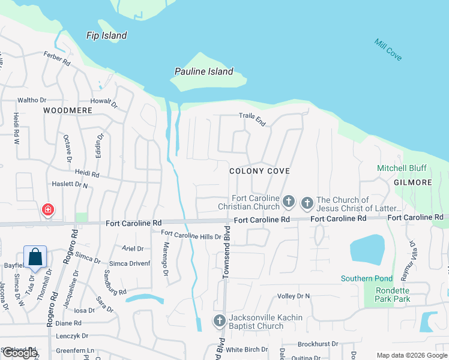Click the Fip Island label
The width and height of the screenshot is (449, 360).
[107, 35]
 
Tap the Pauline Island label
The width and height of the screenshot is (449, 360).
[203, 71]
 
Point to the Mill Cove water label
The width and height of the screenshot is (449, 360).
[388, 50]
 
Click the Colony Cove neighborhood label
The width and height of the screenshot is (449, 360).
[260, 171]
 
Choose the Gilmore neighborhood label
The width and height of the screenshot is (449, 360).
[413, 182]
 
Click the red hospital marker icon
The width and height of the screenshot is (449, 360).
[47, 210]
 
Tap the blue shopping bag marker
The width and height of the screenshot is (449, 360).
[35, 257]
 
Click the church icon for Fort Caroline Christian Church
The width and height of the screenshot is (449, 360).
[289, 202]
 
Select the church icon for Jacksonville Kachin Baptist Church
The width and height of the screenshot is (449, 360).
[219, 322]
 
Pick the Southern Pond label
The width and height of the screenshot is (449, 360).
[367, 278]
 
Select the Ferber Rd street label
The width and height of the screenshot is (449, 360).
[57, 58]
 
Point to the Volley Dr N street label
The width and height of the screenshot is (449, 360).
[294, 296]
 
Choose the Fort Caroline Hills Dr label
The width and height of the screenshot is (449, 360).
[191, 236]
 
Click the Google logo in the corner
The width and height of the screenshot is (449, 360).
[20, 353]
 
